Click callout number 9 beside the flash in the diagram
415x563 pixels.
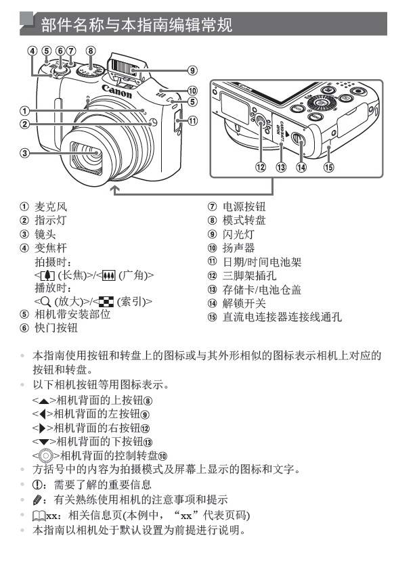(x=193, y=70)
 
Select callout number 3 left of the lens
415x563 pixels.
(x=24, y=153)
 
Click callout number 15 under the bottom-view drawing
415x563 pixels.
(x=329, y=168)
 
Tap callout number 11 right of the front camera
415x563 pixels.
(x=193, y=122)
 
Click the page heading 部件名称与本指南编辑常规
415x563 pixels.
(x=135, y=25)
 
